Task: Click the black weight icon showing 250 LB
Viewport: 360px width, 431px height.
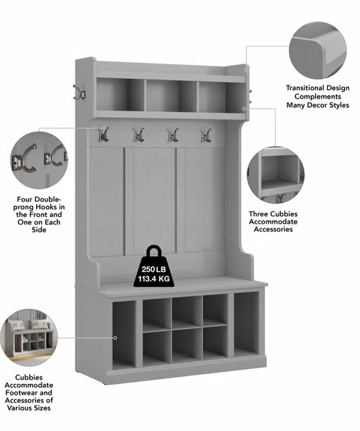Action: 154,267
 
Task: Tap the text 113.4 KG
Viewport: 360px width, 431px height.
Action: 154,279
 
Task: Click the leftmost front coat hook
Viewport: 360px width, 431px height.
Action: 104,135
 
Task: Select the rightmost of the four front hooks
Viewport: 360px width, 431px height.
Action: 206,135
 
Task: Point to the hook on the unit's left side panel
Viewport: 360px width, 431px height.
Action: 78,92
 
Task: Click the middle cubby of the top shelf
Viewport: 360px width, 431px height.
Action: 171,95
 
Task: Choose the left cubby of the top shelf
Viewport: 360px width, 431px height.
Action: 120,95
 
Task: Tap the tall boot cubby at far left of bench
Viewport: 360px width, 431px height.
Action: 124,334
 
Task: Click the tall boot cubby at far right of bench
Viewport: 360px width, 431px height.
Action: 246,324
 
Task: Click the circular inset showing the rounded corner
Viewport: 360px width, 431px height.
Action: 318,51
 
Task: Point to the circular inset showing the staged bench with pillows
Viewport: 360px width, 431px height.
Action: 28,337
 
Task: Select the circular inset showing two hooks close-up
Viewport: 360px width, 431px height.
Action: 39,161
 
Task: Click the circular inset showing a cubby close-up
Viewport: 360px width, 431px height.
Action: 275,175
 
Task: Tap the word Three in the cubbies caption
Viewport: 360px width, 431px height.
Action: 259,214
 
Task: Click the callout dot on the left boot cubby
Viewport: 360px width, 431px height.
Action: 115,338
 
